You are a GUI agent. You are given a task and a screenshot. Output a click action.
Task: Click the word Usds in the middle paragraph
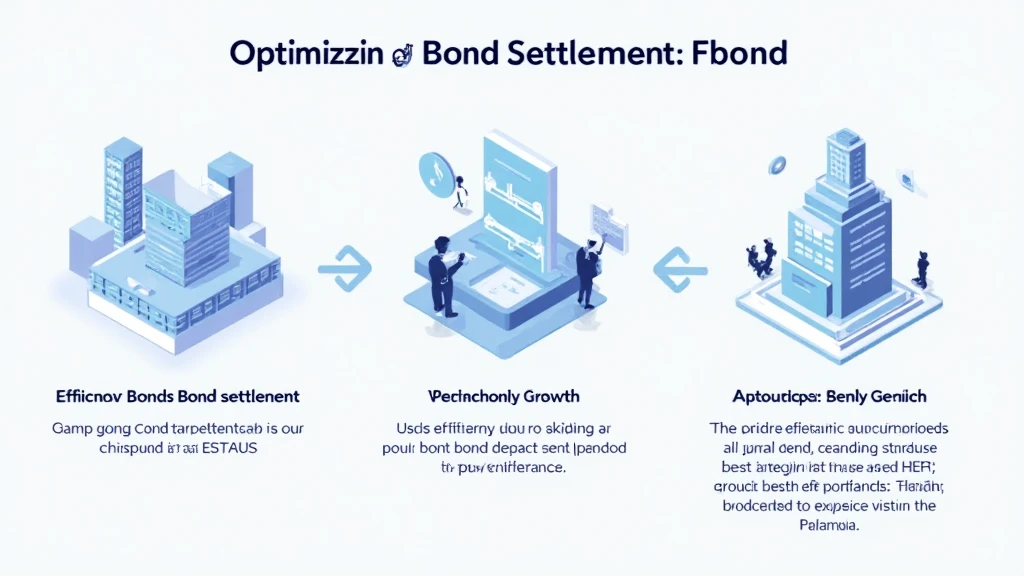(399, 428)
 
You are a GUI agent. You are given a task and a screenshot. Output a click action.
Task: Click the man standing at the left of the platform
(441, 269)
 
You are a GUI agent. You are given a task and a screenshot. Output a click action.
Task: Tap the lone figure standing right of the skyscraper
(921, 270)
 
